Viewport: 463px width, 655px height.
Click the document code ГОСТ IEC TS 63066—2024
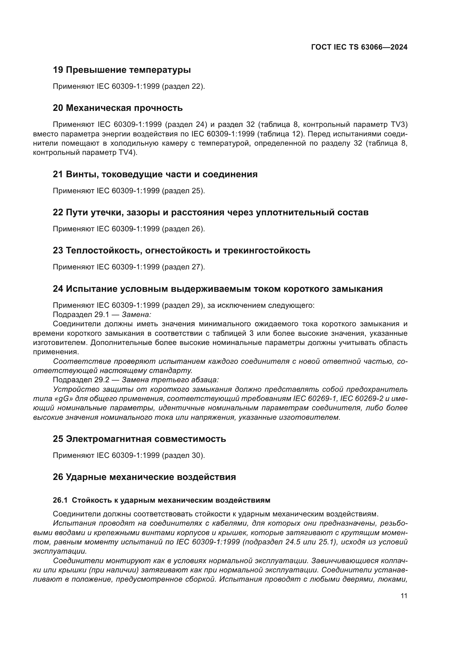point(359,47)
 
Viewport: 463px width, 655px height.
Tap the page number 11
point(404,596)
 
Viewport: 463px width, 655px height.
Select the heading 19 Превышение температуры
point(122,70)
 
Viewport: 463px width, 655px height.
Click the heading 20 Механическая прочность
point(118,108)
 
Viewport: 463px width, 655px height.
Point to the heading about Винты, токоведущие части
point(155,174)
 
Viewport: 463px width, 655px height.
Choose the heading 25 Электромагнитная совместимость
point(139,439)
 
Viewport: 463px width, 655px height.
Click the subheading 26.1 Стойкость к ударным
point(161,500)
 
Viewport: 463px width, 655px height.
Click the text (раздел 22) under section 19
point(183,86)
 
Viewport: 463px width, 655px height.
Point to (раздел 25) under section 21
point(183,191)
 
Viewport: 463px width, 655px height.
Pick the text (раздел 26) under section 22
point(183,229)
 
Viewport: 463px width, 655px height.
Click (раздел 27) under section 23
point(183,267)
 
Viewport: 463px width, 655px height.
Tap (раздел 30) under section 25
point(183,455)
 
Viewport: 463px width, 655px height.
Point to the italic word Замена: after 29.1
point(136,315)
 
